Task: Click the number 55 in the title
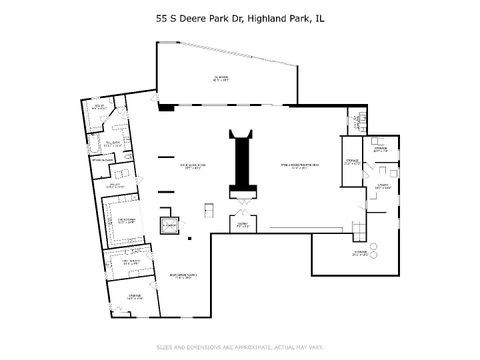pos(162,18)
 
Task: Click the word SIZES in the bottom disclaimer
pos(165,348)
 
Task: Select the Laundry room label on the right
pos(383,186)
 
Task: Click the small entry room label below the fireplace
pos(242,226)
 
